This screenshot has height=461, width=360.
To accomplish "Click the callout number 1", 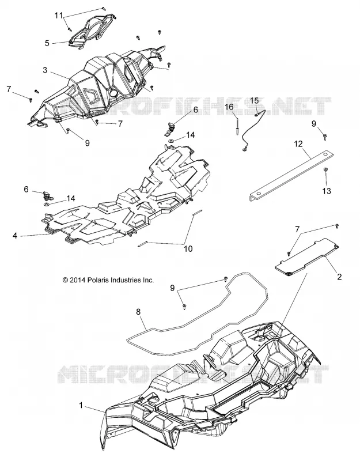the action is tap(81, 406).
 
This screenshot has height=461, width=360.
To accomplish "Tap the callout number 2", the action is tap(339, 277).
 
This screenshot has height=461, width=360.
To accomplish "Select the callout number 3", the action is tap(45, 70).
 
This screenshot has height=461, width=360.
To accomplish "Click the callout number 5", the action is tap(47, 43).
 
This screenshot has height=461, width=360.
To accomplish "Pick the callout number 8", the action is tap(139, 312).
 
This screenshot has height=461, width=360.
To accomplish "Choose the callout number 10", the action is tap(188, 249).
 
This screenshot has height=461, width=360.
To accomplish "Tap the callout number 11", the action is tap(59, 16).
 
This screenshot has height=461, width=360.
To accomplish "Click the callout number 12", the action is tap(298, 143).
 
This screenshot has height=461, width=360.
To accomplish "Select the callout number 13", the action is tap(327, 191).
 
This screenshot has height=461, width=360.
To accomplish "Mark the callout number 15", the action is tap(254, 100).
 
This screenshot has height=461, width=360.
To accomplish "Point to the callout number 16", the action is tap(229, 107).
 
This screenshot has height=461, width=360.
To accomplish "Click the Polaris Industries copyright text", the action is tap(108, 280).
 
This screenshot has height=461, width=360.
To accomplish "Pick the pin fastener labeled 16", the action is tap(237, 125).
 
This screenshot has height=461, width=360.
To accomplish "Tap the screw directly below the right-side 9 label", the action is tap(325, 136).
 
